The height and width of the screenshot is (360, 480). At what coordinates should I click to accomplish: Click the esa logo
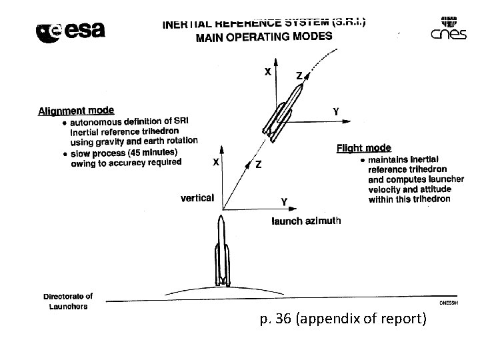click(x=70, y=31)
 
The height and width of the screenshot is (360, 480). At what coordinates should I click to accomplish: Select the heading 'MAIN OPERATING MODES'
click(x=263, y=36)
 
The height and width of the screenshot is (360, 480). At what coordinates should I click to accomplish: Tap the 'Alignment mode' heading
click(x=76, y=111)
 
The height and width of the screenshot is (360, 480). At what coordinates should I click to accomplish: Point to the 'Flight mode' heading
click(x=364, y=148)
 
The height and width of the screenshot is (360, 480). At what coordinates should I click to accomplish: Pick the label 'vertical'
click(x=197, y=197)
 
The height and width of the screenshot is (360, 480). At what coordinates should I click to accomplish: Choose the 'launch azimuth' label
click(x=306, y=221)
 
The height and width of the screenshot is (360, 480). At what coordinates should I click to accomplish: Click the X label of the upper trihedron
click(x=267, y=73)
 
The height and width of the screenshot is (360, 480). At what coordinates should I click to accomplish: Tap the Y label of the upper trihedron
click(x=336, y=112)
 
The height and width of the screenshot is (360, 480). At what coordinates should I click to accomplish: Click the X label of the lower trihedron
click(x=216, y=161)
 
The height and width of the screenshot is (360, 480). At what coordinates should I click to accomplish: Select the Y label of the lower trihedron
click(x=284, y=201)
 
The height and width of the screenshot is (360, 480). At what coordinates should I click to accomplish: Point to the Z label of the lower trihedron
click(x=258, y=165)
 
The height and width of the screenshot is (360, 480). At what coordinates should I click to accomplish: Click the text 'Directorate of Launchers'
click(x=68, y=301)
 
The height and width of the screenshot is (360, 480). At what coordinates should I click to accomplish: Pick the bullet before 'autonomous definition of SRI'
click(x=64, y=122)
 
